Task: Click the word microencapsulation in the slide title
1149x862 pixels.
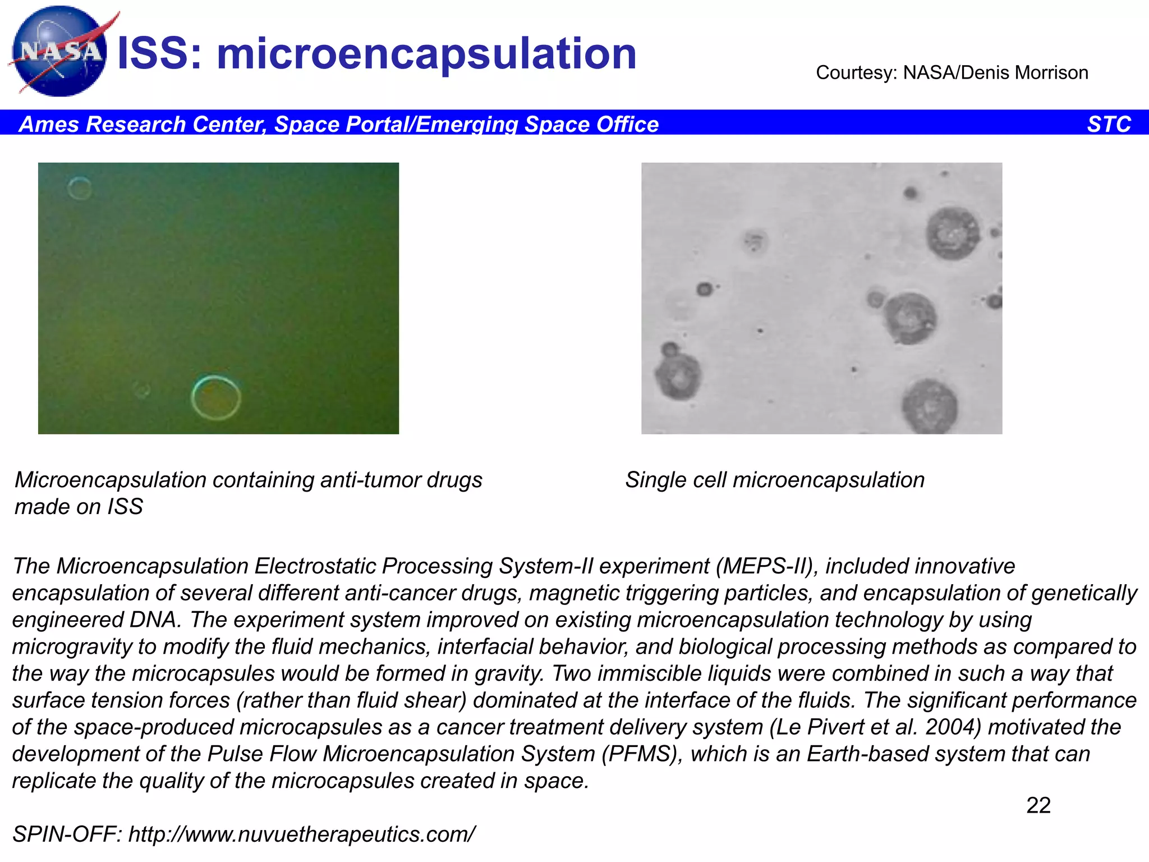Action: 426,54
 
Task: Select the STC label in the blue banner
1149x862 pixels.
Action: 1109,124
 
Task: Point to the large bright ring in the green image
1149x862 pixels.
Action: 216,397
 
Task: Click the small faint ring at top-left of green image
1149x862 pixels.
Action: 80,188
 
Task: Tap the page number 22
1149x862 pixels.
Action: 1038,805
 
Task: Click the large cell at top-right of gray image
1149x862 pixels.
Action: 952,233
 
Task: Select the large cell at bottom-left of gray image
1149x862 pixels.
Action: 678,376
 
